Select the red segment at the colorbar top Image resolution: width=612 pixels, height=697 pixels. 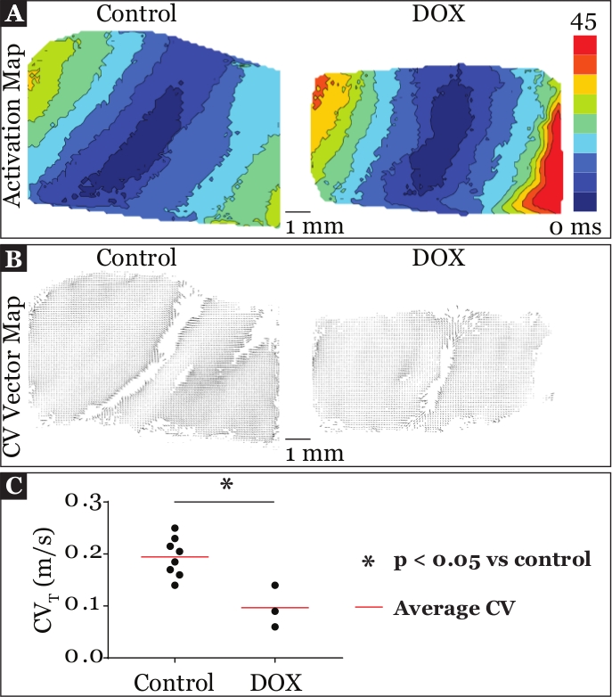click(581, 44)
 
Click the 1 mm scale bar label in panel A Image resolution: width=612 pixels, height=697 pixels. click(314, 226)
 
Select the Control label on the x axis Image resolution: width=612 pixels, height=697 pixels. click(175, 683)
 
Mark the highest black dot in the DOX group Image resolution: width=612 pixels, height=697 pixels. click(274, 585)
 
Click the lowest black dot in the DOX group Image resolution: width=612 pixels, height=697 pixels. click(274, 627)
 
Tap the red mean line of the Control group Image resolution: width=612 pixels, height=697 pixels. click(175, 557)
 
